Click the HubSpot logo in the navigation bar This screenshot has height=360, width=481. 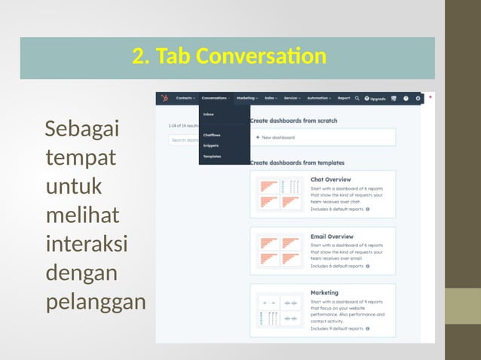164,98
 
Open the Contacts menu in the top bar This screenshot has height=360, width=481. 185,98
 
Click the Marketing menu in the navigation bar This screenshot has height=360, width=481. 247,98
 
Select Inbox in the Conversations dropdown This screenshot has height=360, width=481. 209,114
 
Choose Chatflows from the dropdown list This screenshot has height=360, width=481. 212,136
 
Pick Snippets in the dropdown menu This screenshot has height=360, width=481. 211,145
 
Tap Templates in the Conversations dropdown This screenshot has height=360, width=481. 212,156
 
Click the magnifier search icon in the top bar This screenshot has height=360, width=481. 358,98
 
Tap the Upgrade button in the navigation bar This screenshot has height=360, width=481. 375,98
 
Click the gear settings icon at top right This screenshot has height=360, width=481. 418,98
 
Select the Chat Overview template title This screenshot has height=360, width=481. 331,180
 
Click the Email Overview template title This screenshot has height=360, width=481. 332,236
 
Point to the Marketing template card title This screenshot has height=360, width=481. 324,292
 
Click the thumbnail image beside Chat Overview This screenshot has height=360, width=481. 279,194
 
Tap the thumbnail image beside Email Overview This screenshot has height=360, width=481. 279,250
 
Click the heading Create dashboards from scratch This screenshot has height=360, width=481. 293,121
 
